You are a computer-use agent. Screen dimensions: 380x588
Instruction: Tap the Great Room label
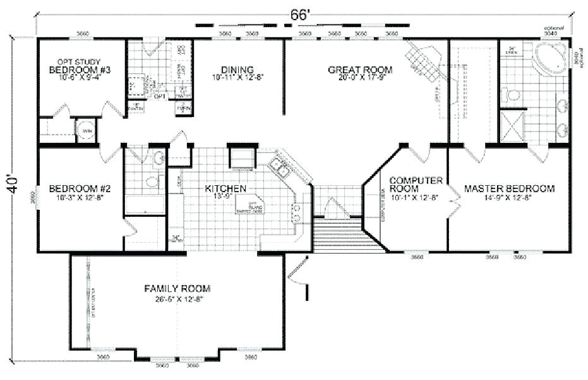360,70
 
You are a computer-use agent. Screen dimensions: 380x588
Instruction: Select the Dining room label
237,70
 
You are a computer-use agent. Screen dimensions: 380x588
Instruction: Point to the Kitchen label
225,188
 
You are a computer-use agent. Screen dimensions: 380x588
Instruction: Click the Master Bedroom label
509,188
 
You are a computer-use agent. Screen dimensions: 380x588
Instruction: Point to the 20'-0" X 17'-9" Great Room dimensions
360,78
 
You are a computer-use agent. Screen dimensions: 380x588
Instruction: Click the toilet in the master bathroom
513,95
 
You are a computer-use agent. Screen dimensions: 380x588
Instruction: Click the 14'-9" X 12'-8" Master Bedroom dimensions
509,198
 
